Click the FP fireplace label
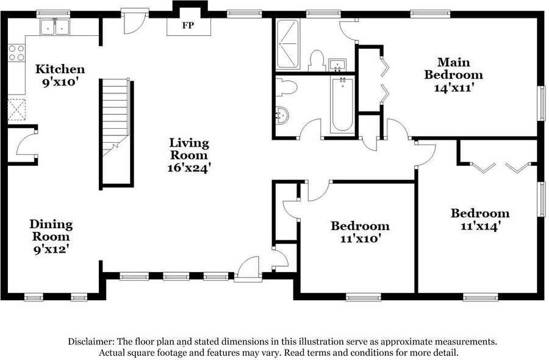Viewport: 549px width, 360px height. coord(188,25)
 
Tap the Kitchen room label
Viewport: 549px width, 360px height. coord(60,68)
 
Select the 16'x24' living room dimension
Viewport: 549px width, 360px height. coord(188,168)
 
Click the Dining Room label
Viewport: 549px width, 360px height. coord(51,230)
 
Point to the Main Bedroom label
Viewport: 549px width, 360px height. coord(454,68)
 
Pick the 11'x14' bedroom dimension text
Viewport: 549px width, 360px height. coord(479,226)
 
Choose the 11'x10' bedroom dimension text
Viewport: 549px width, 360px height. coord(361,239)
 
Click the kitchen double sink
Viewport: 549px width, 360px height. coord(55,27)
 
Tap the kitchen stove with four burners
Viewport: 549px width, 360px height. coord(16,53)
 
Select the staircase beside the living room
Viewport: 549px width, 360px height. coord(115,117)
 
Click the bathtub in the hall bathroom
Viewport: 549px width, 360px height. coord(342,105)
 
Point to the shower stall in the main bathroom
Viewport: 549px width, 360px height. coord(288,44)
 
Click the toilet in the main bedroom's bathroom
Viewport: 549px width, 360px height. coord(317,60)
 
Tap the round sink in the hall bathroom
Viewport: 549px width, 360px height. coord(282,115)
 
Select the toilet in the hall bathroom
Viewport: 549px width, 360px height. coord(286,87)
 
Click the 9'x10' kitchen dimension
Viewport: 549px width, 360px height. coord(60,82)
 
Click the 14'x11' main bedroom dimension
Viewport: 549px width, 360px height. coord(454,87)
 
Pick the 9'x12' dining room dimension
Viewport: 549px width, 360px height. coord(51,250)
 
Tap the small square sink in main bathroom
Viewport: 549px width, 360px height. coord(337,65)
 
